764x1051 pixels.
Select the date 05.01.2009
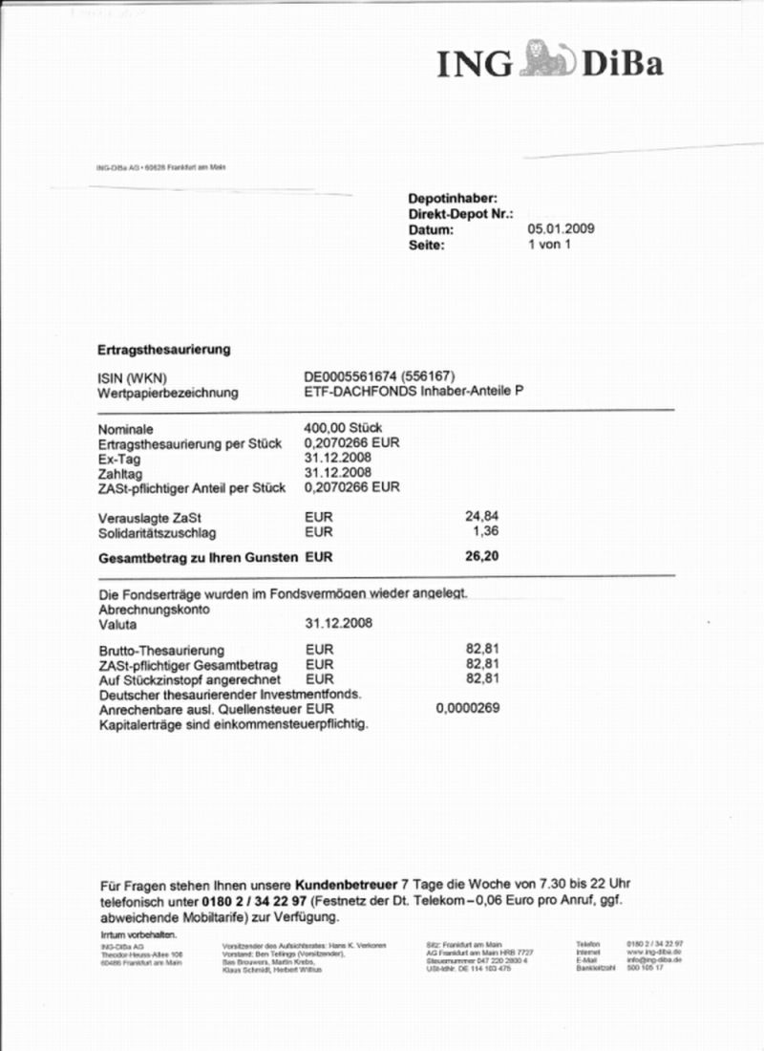562,229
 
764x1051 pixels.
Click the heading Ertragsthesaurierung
164,350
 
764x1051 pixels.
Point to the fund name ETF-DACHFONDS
357,393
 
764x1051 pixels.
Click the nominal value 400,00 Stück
343,428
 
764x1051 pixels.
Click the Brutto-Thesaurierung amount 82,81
482,649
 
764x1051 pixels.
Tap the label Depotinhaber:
453,198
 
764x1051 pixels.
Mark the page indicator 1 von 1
549,246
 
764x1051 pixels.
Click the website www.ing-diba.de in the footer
653,953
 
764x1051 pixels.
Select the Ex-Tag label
120,458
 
